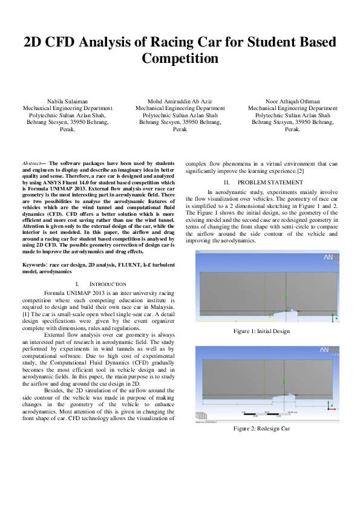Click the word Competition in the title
click(x=180, y=59)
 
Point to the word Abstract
click(x=31, y=163)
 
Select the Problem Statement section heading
click(x=261, y=182)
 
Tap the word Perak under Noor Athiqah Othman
click(x=292, y=129)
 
